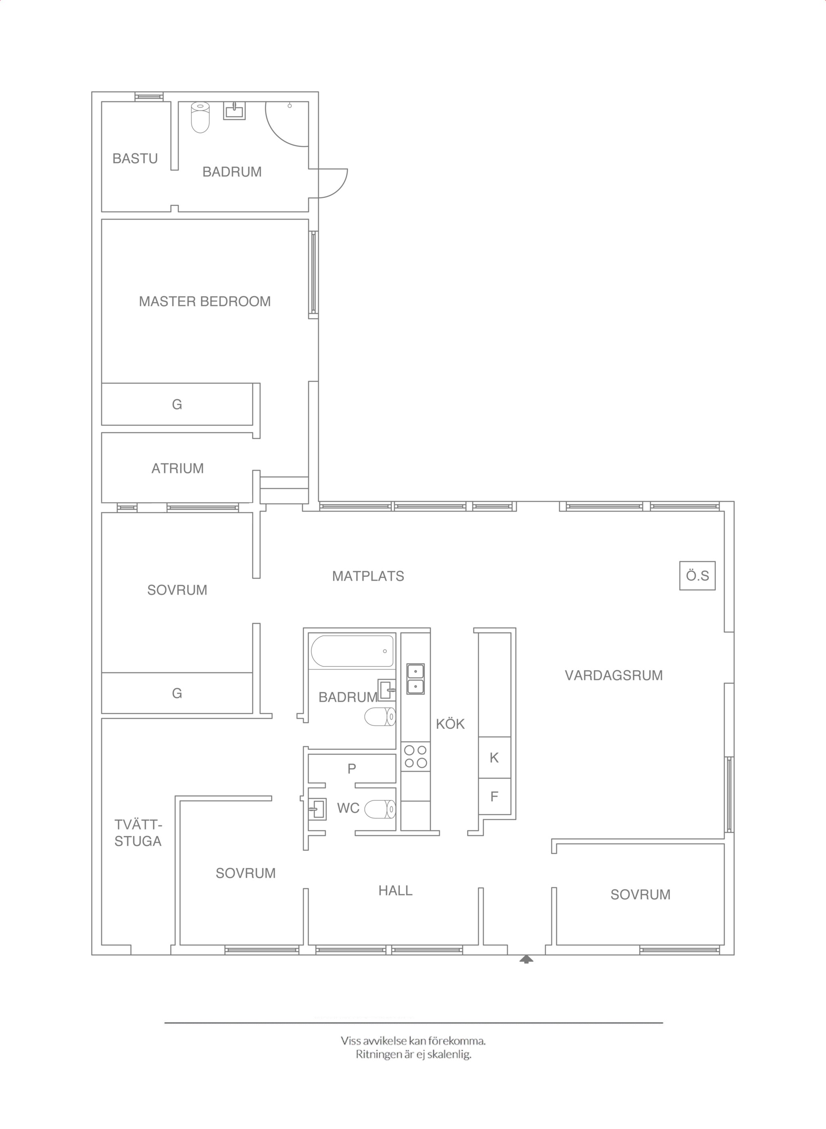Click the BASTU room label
coord(135,158)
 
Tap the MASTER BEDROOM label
coord(205,301)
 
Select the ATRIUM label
coord(177,468)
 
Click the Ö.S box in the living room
coord(697,576)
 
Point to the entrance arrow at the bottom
coord(526,959)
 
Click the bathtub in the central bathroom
coord(353,651)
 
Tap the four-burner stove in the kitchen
coord(415,756)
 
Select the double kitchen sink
coord(415,679)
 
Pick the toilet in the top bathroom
coord(200,117)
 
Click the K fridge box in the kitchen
coord(494,757)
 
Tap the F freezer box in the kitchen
coord(494,796)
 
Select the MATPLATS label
coord(368,576)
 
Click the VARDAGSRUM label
coord(613,675)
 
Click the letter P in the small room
coord(352,769)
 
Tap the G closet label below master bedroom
coord(177,404)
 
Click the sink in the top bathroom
coord(234,111)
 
